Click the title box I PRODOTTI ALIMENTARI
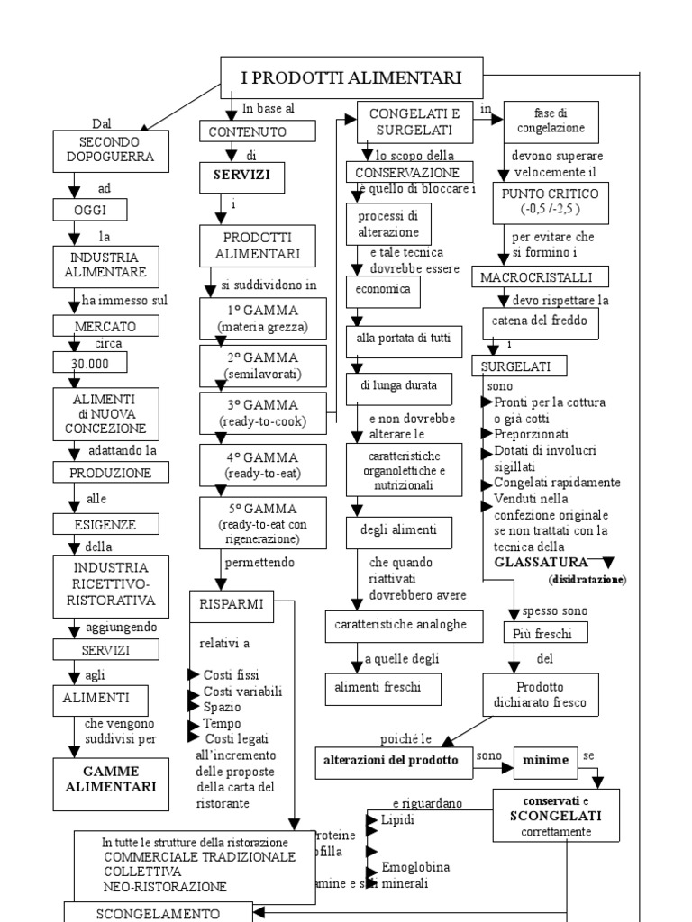point(351,78)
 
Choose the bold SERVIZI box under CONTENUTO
point(241,176)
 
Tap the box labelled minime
point(545,760)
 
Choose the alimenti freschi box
point(384,689)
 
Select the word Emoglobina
point(415,866)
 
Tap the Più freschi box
point(545,633)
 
